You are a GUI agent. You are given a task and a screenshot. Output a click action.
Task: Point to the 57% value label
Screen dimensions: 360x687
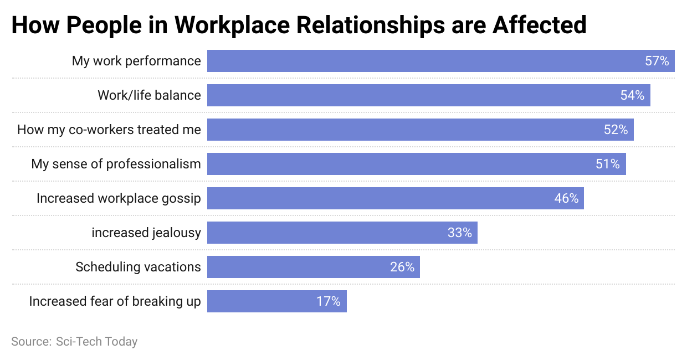click(657, 61)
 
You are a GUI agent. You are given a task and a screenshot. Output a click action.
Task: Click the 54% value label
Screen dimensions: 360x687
click(632, 95)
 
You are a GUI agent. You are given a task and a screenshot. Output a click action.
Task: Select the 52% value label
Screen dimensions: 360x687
click(616, 130)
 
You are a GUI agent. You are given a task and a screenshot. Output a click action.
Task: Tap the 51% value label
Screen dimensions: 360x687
click(608, 164)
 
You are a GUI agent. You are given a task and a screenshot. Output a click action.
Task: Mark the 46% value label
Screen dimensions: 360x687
click(566, 198)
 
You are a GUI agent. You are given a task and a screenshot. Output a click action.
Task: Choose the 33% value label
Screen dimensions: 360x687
click(460, 233)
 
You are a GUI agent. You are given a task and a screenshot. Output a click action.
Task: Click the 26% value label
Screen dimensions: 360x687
click(402, 267)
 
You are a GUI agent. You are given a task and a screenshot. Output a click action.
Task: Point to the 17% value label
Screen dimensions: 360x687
click(329, 301)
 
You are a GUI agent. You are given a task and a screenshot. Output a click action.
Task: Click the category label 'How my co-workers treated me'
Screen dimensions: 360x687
click(109, 130)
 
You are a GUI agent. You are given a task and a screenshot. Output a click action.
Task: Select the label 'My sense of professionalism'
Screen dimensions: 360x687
click(116, 164)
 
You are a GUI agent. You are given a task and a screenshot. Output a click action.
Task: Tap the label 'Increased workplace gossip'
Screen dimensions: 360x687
click(119, 198)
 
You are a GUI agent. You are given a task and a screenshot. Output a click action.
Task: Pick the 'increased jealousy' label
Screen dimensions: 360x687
click(146, 233)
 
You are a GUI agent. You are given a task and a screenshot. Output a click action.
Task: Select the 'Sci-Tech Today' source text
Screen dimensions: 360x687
click(96, 341)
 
